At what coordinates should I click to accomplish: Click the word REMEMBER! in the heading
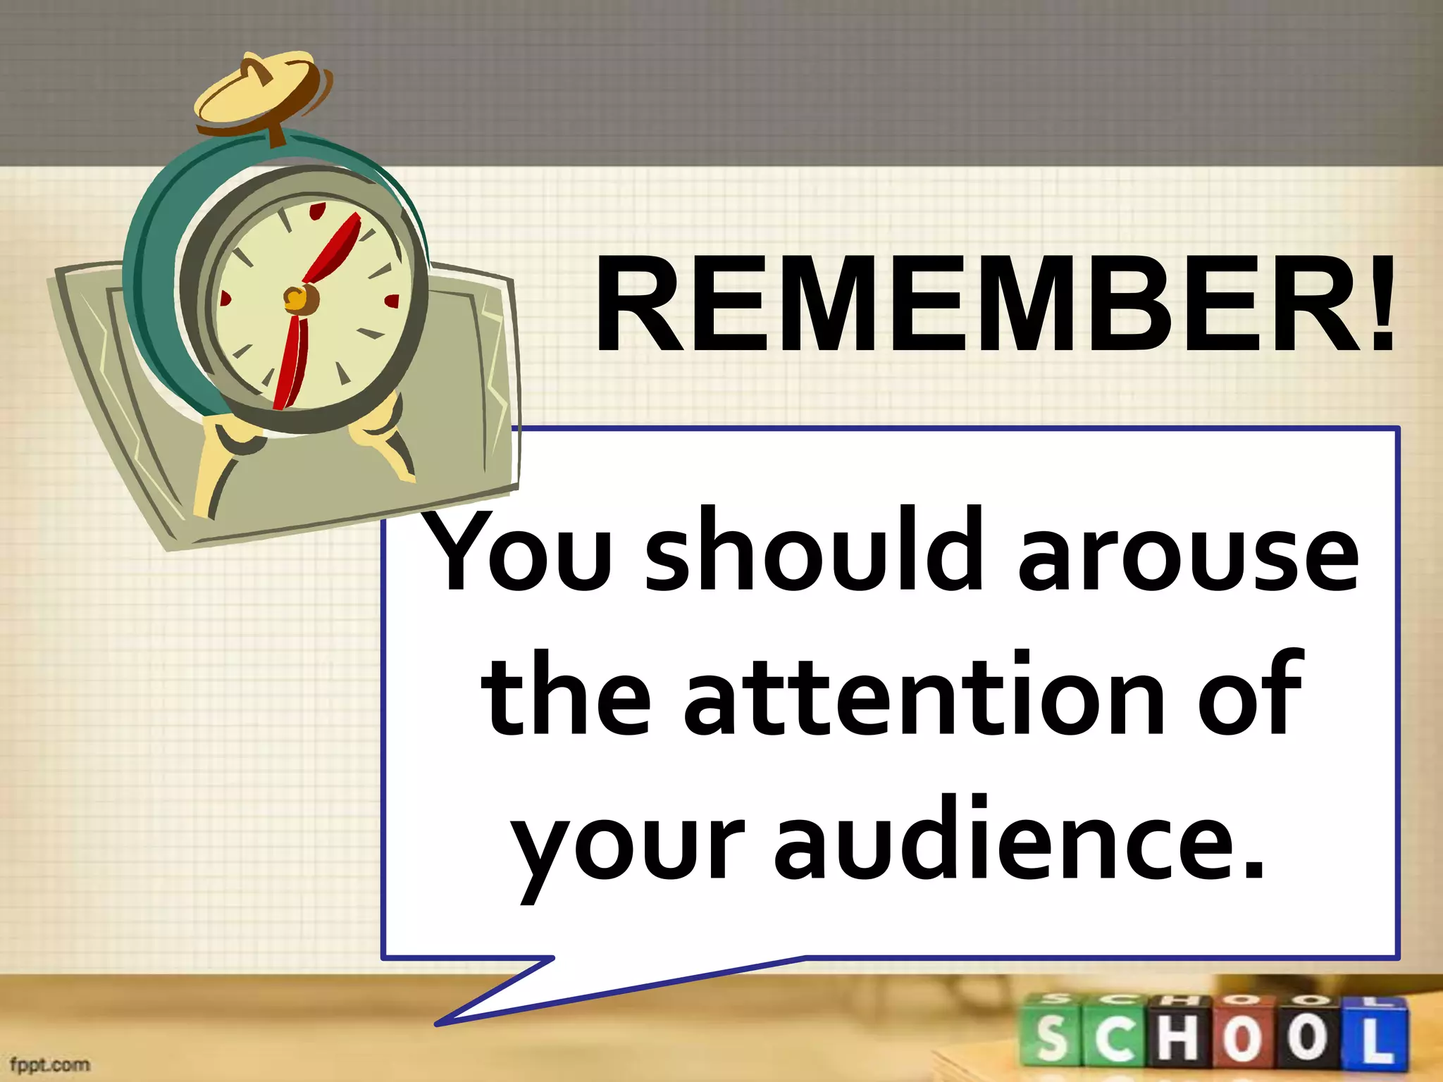pos(993,304)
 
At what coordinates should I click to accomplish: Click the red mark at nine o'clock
pos(225,299)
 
